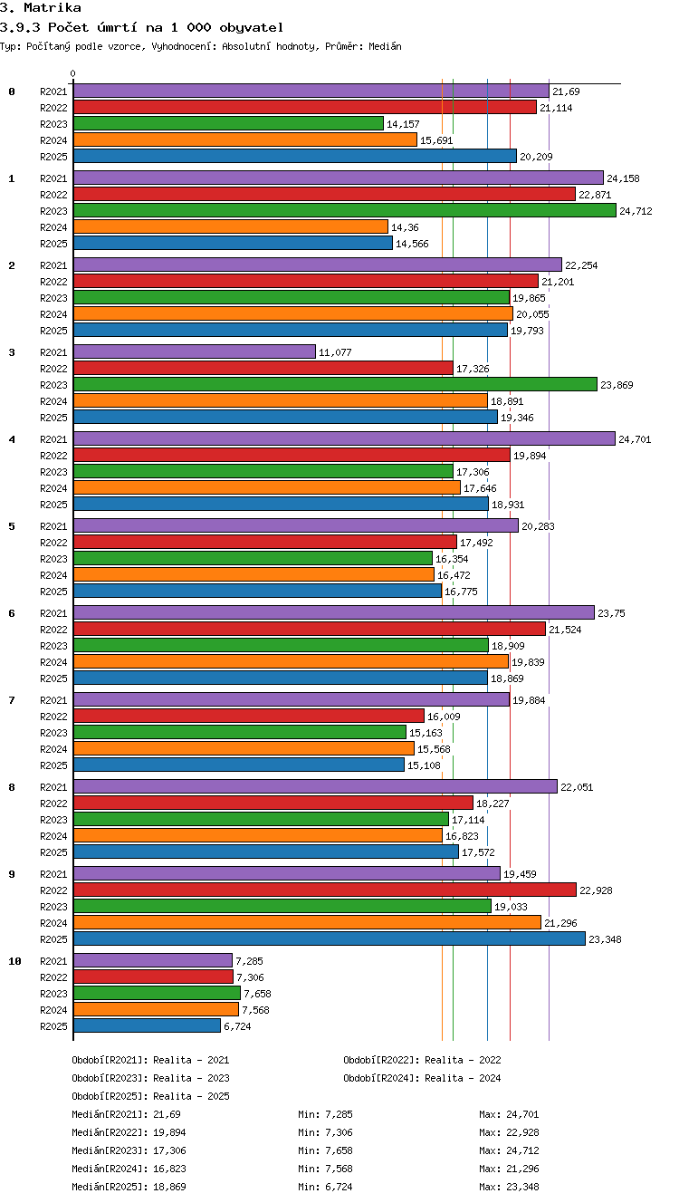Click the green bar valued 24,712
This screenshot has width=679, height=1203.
345,210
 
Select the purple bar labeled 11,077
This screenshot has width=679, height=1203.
195,351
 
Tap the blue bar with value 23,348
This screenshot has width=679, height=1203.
330,938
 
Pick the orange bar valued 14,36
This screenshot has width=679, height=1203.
231,226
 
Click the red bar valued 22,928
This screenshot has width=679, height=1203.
325,890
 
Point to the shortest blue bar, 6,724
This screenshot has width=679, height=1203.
147,1025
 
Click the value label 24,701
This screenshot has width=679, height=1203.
635,439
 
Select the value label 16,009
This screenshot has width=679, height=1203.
444,717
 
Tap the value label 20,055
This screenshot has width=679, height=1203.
532,314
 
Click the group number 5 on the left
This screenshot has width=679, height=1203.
12,526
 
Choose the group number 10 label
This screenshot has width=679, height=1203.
15,961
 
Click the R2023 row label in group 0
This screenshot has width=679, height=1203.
53,124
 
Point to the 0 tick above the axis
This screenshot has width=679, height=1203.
73,73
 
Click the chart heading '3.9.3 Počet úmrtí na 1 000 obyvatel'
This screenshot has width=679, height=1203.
142,27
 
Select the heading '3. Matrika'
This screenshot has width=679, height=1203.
41,7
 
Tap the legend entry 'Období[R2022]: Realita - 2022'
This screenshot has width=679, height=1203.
422,1060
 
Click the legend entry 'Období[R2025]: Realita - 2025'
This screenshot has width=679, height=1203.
151,1095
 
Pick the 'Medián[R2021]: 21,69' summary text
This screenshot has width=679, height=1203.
126,1114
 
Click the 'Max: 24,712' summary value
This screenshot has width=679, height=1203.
509,1150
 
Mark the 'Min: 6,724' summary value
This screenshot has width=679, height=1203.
325,1187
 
